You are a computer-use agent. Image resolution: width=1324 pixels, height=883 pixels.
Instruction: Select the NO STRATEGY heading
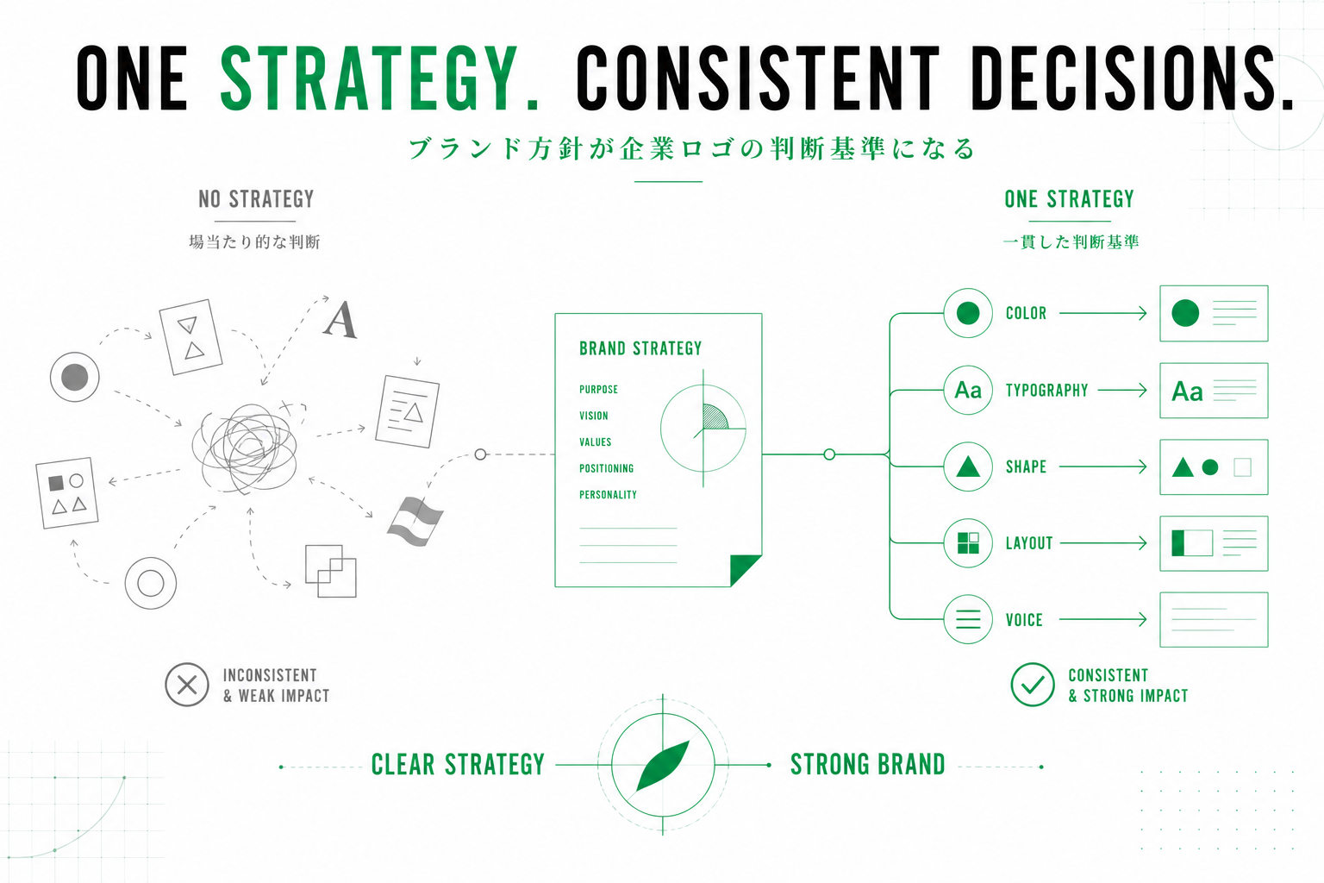pos(256,199)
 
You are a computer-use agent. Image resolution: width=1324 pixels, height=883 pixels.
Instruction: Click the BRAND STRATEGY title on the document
pos(640,348)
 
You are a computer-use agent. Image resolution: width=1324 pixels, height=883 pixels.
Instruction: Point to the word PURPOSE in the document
pos(598,389)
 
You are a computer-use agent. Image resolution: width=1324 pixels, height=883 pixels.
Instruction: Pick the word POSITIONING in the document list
pos(606,468)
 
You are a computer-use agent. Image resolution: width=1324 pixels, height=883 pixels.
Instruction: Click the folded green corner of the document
pos(744,569)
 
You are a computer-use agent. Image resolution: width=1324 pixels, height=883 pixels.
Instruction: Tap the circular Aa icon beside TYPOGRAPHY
pos(968,391)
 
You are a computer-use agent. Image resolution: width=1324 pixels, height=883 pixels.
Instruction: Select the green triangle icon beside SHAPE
pos(968,467)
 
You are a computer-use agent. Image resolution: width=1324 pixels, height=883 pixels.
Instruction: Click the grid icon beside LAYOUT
pos(968,543)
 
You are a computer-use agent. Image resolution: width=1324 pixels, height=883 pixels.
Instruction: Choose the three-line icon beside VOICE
pos(968,619)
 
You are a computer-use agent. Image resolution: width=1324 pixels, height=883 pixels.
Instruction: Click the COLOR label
pos(1026,314)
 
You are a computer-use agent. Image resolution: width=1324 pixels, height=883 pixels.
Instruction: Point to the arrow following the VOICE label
pos(1103,619)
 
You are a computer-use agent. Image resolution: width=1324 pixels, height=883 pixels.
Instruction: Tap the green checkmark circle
pos(1032,685)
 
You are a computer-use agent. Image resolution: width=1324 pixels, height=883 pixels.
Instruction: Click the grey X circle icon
pos(187,685)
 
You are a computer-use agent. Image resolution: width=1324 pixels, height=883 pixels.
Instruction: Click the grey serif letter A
pos(340,320)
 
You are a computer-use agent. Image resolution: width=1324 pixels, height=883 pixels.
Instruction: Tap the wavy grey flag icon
pos(415,521)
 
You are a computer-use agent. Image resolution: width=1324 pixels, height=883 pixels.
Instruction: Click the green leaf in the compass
pos(663,766)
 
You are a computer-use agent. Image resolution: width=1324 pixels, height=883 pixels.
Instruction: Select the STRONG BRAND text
pos(868,765)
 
